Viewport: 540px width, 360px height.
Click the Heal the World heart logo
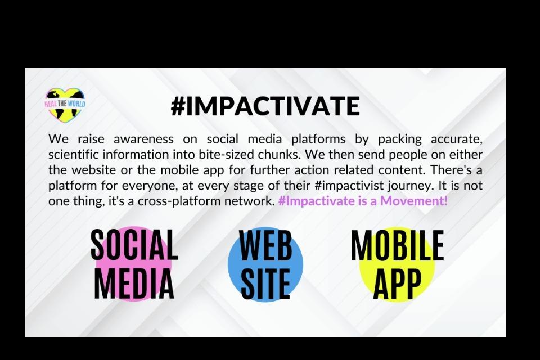click(65, 105)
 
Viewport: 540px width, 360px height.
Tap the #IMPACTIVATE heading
click(265, 106)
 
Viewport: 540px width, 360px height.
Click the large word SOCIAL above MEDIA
click(134, 244)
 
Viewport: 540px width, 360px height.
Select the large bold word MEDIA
click(134, 283)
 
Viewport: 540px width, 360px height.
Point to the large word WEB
click(265, 245)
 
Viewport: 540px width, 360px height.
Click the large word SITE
click(265, 284)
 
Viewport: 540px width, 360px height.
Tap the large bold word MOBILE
click(397, 245)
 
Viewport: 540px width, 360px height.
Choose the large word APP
click(397, 284)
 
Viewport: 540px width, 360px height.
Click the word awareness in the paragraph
click(143, 139)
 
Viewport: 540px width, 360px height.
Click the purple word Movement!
click(414, 200)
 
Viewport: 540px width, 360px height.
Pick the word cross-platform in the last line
click(179, 201)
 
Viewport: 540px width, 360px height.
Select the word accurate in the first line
click(457, 139)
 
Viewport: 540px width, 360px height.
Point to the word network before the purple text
click(249, 200)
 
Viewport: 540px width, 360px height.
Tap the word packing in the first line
click(400, 139)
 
